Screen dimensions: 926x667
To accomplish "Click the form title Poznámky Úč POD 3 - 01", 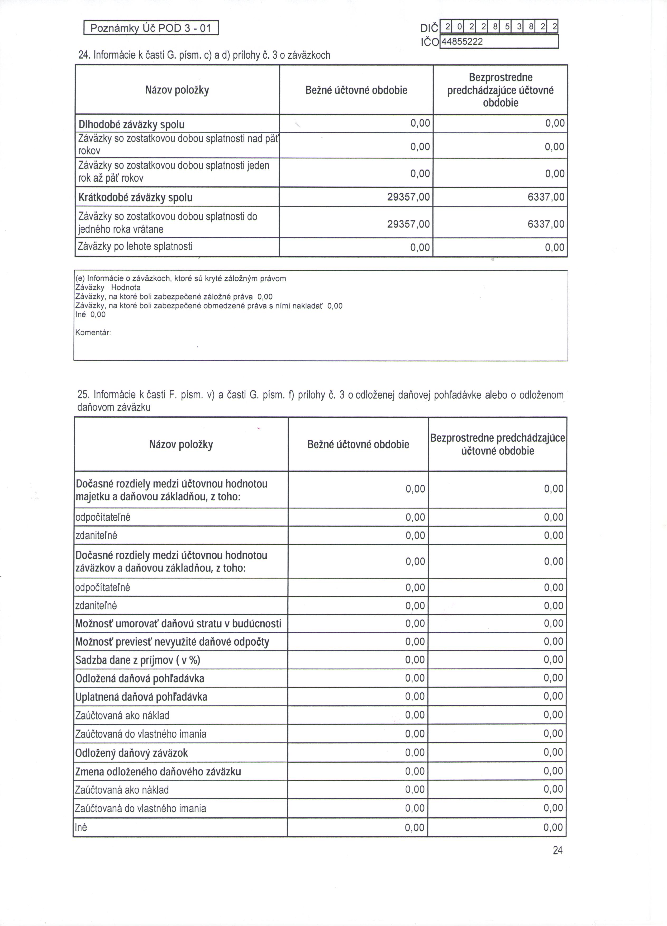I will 151,28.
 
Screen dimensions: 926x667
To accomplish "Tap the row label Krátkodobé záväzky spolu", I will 135,198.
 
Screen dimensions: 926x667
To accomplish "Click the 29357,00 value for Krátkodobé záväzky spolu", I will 408,198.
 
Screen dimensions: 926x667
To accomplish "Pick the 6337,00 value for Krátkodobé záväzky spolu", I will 546,198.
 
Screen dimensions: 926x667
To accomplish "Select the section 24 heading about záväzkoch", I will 204,55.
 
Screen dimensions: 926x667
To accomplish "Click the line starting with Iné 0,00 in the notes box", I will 90,314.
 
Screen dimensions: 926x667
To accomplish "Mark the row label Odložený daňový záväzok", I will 132,753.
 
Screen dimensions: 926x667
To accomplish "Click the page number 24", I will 557,850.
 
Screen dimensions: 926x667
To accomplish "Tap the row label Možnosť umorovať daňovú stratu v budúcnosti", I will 178,623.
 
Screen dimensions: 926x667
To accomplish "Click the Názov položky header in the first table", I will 177,90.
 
